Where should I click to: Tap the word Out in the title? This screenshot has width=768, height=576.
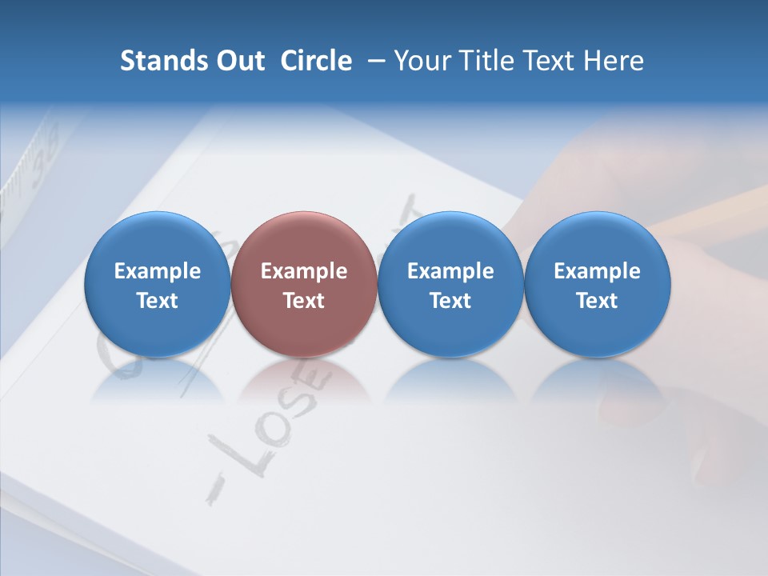pos(238,61)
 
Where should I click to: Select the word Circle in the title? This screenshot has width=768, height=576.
pos(316,61)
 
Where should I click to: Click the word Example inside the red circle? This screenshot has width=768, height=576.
pos(304,271)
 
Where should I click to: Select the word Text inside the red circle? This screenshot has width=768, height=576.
pos(304,301)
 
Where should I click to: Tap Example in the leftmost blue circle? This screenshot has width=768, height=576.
pos(158,271)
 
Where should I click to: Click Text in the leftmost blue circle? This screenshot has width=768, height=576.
pos(158,301)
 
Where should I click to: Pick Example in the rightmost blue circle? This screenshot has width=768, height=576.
pos(597,271)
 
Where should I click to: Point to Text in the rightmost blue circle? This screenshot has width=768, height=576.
pos(597,301)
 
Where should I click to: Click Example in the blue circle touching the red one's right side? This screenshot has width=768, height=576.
pos(450,271)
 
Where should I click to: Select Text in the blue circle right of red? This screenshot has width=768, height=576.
pos(450,301)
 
